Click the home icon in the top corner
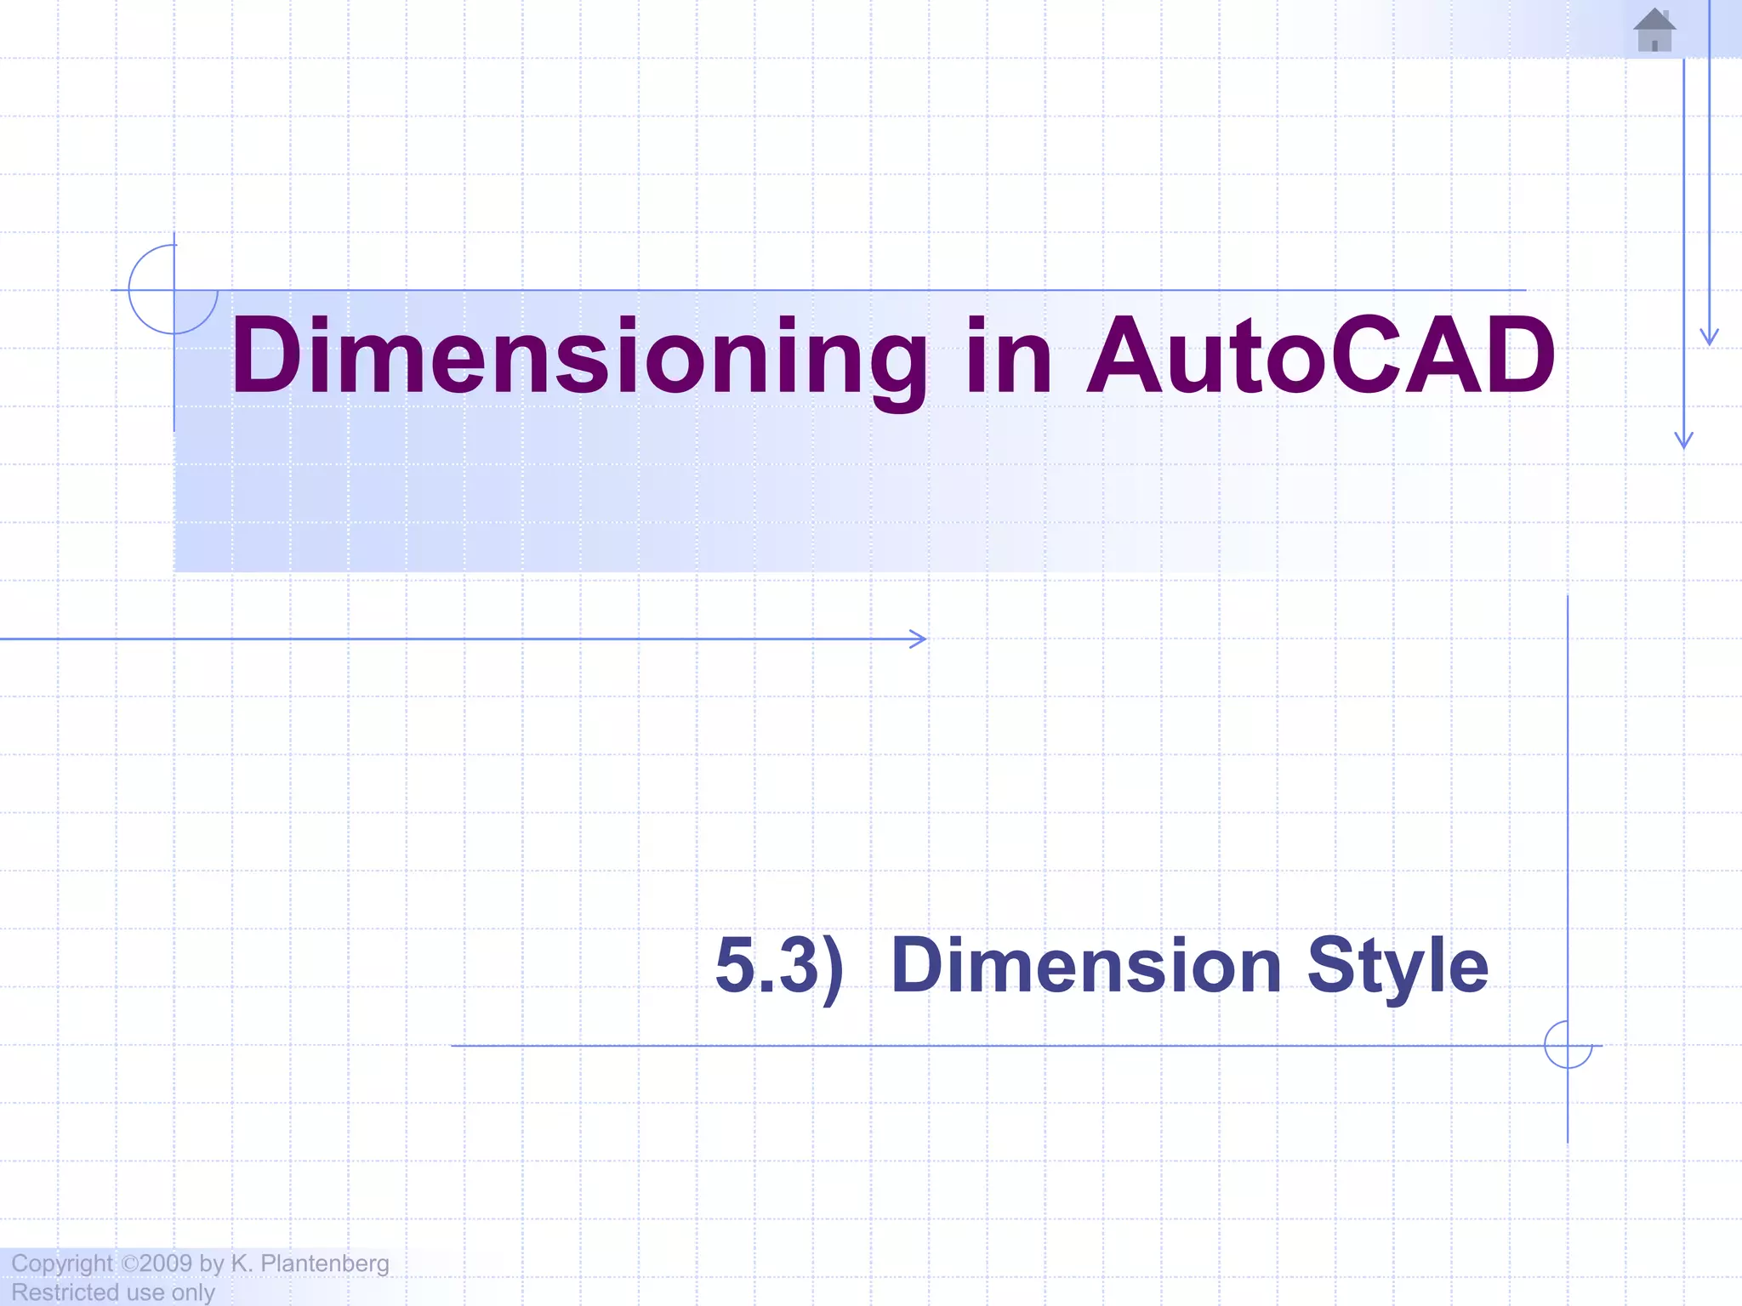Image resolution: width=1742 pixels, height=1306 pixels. pyautogui.click(x=1654, y=31)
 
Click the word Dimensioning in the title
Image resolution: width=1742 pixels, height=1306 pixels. pyautogui.click(x=579, y=355)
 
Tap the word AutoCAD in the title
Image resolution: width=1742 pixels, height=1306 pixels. pyautogui.click(x=1321, y=355)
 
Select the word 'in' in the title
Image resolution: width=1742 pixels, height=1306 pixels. pyautogui.click(x=1009, y=355)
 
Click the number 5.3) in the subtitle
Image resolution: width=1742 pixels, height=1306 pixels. pyautogui.click(x=779, y=966)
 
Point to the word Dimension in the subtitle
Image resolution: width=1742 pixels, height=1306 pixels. pyautogui.click(x=1086, y=966)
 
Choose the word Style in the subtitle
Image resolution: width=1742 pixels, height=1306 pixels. pyautogui.click(x=1398, y=966)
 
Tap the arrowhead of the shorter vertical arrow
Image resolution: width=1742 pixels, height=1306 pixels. pyautogui.click(x=1710, y=338)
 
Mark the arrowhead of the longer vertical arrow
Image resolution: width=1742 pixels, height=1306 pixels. pyautogui.click(x=1684, y=440)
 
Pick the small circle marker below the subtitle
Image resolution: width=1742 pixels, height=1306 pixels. pyautogui.click(x=1568, y=1045)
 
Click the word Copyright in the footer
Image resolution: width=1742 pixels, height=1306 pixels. pyautogui.click(x=61, y=1263)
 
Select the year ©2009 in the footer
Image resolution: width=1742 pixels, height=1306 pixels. pyautogui.click(x=157, y=1263)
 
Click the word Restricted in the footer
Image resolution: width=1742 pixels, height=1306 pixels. pyautogui.click(x=65, y=1292)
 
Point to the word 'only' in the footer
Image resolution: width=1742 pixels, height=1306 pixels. pyautogui.click(x=193, y=1292)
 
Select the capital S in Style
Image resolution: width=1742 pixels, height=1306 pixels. pyautogui.click(x=1331, y=966)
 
